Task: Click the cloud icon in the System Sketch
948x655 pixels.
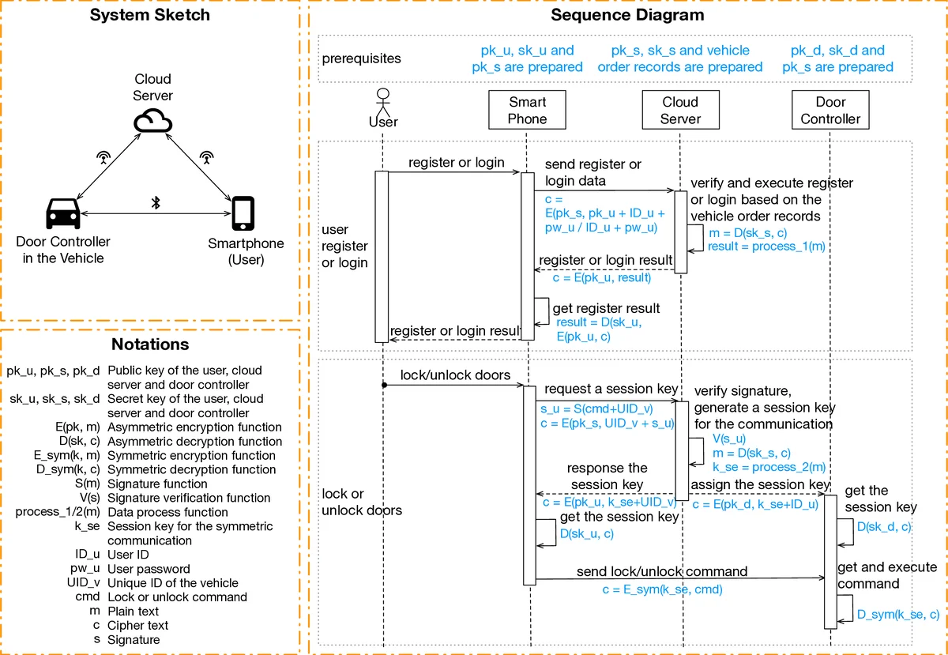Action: (x=152, y=121)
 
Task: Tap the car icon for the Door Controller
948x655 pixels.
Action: (x=62, y=213)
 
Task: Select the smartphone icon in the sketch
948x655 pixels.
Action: (x=243, y=213)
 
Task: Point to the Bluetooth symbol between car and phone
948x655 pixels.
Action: (x=156, y=203)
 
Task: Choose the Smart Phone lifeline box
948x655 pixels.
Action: (x=527, y=111)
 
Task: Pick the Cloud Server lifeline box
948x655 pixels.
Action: (x=680, y=111)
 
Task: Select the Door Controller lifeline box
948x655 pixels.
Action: (x=830, y=111)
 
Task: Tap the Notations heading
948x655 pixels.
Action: (x=150, y=344)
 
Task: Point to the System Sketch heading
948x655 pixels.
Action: (x=150, y=15)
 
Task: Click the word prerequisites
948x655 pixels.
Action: (x=361, y=58)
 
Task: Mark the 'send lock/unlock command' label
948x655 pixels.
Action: (x=662, y=571)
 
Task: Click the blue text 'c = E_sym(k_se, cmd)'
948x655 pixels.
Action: (x=662, y=589)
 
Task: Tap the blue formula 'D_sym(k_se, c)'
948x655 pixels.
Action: (x=897, y=614)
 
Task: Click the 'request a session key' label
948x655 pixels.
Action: (x=611, y=389)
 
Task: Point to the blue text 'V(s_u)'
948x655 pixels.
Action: (x=728, y=439)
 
